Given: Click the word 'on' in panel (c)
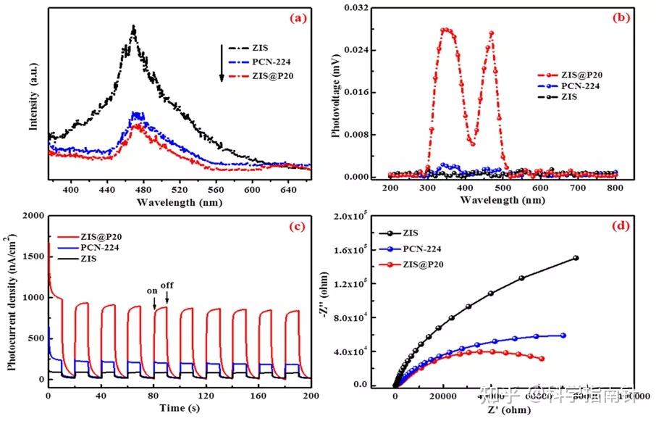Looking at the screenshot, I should (x=153, y=292).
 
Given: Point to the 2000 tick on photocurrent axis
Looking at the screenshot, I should (x=32, y=217).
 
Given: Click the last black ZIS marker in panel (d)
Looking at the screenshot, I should (x=576, y=258).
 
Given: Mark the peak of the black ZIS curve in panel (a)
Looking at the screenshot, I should (x=133, y=28).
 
